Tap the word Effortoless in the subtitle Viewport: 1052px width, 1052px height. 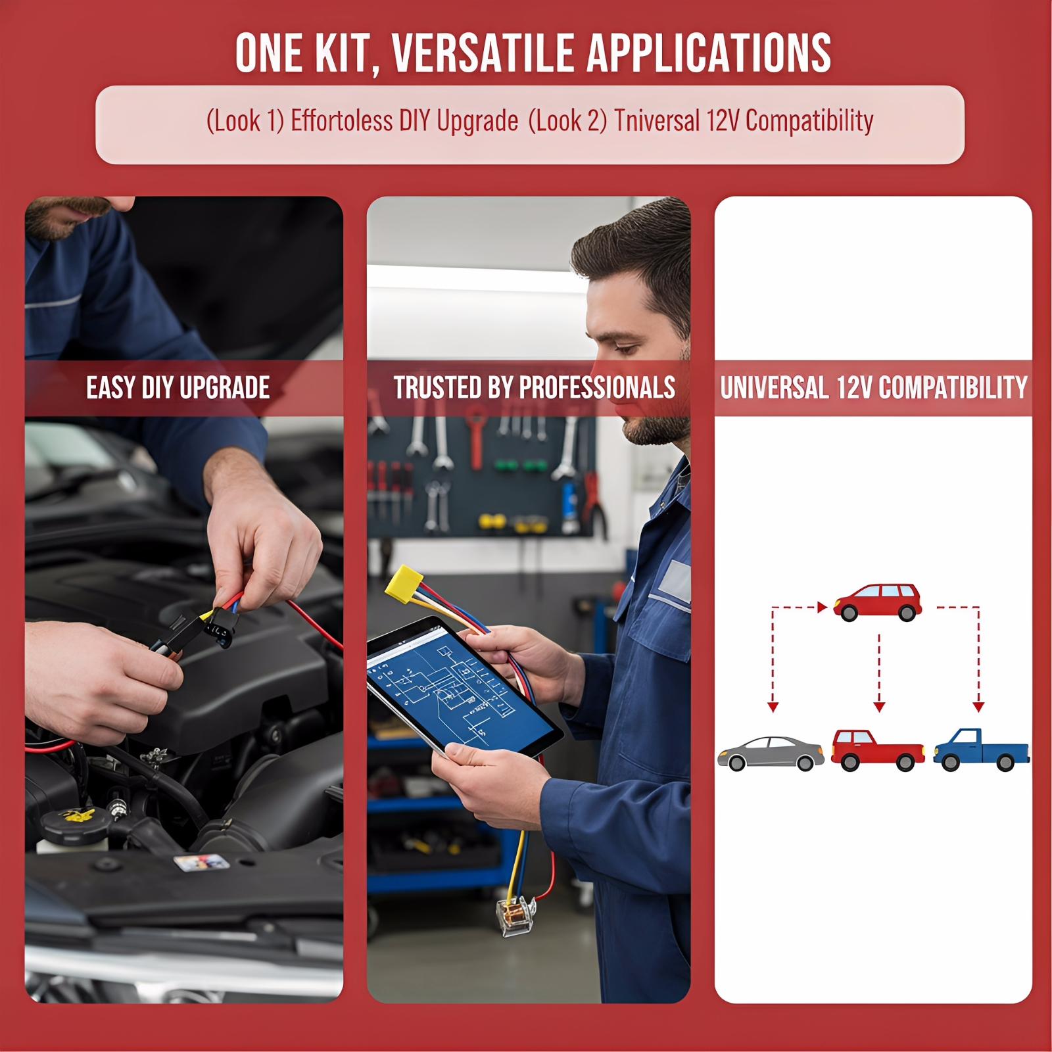338,121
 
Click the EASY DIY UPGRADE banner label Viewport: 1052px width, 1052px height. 178,388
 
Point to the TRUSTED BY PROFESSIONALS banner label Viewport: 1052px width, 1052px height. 535,388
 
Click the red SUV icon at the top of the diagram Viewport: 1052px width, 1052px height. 877,602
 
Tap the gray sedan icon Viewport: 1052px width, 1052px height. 771,753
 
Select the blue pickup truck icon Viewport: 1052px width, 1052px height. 981,750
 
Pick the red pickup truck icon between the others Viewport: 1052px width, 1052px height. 878,750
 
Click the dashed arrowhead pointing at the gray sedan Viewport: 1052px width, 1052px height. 773,707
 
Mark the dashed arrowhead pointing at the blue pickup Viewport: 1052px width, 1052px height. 978,707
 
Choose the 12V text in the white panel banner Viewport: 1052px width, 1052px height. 853,388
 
